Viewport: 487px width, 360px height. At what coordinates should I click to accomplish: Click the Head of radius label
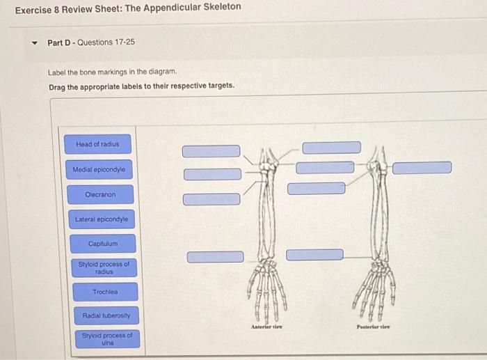[x=97, y=144]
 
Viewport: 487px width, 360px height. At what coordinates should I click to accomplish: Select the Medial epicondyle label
[x=99, y=169]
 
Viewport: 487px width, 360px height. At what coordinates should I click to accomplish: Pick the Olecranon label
[x=100, y=195]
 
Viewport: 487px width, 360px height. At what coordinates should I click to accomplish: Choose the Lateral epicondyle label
[x=102, y=219]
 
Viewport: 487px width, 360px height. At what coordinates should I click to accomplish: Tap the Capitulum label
[x=103, y=244]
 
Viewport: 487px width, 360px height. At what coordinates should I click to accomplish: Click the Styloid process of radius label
[x=104, y=268]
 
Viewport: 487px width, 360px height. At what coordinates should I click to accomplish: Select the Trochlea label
[x=104, y=292]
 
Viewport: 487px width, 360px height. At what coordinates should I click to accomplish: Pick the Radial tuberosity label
[x=106, y=315]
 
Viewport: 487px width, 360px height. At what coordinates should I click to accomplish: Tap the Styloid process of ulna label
[x=106, y=339]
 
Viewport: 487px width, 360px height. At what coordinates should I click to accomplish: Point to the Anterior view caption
[x=266, y=325]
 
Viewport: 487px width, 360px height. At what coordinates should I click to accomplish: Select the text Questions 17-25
[x=106, y=42]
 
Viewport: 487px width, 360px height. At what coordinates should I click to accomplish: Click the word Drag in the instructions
[x=58, y=86]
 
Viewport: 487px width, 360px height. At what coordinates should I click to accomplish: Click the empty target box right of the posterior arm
[x=422, y=168]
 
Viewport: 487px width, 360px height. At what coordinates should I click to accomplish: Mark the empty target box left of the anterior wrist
[x=215, y=257]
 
